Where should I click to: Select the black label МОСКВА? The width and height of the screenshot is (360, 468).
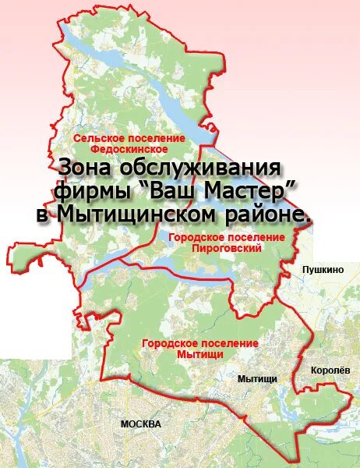point(141,424)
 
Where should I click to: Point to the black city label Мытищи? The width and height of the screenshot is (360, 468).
point(257,378)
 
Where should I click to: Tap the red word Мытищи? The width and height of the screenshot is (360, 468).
point(200,353)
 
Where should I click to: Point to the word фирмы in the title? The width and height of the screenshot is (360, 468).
point(94,191)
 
